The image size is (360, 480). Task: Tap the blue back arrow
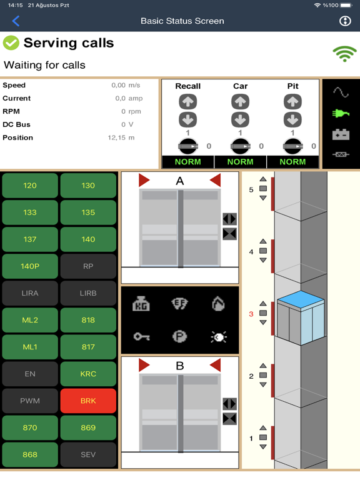[x=16, y=21]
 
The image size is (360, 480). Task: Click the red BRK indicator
[x=88, y=401]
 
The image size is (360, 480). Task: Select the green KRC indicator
[x=88, y=374]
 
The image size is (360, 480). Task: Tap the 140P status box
[x=30, y=266]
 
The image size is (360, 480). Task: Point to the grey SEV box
[x=88, y=454]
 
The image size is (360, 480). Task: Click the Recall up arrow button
[x=187, y=102]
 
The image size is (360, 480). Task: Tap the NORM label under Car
[x=240, y=162]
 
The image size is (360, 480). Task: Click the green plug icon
[x=341, y=114]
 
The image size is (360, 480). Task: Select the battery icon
[x=341, y=134]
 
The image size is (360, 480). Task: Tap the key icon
[x=141, y=337]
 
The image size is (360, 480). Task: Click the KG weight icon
[x=141, y=304]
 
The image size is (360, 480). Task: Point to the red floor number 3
[x=251, y=314]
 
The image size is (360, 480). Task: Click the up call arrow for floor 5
[x=263, y=179]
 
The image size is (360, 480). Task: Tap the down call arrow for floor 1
[x=263, y=447]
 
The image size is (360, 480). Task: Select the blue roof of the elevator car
[x=301, y=299]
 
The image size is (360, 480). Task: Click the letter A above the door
[x=180, y=181]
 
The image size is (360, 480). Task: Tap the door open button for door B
[x=229, y=404]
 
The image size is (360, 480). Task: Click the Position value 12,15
[x=117, y=137]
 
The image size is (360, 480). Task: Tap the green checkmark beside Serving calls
[x=11, y=43]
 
